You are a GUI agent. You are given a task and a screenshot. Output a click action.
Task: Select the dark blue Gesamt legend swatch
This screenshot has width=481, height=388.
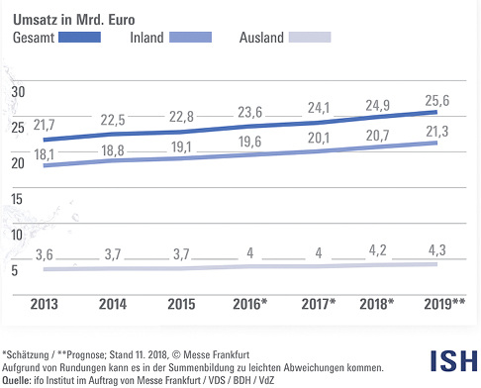pyautogui.click(x=80, y=38)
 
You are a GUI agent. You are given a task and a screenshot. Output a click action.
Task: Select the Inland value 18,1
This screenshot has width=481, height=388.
pyautogui.click(x=45, y=154)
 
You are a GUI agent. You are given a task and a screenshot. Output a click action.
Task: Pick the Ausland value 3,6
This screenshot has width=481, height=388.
pyautogui.click(x=45, y=255)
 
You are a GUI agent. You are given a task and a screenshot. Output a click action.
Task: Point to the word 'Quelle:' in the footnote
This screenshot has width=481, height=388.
pyautogui.click(x=18, y=379)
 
